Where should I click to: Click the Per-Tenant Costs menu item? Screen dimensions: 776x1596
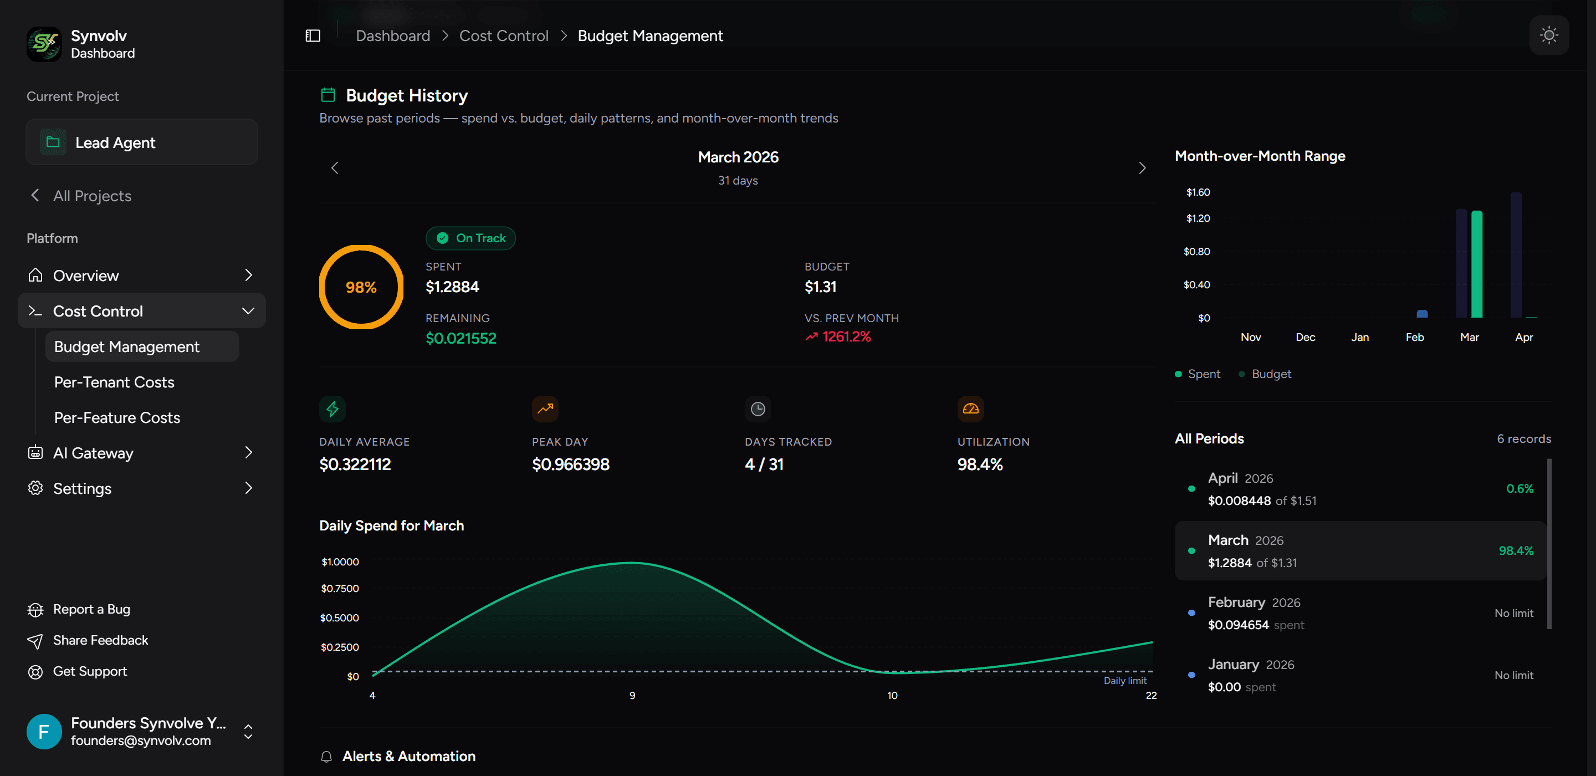pos(114,382)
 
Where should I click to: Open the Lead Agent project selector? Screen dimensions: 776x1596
pos(142,142)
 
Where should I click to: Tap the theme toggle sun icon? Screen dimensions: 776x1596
pos(1548,35)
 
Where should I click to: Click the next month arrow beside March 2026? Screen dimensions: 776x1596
pos(1142,168)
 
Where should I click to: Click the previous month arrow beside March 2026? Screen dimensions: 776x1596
pos(335,168)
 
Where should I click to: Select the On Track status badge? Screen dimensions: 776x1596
pos(470,238)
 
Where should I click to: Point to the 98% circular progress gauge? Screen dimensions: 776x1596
pos(361,287)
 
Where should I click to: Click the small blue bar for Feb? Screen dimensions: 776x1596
pos(1422,314)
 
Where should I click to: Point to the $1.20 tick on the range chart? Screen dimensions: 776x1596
pos(1198,218)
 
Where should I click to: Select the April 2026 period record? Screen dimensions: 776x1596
pos(1360,489)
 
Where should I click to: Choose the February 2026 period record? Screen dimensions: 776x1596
pos(1360,613)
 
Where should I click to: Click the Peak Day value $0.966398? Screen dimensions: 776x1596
pos(570,464)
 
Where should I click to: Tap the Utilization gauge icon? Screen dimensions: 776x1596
pos(970,409)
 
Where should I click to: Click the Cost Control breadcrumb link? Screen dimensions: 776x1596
pos(503,36)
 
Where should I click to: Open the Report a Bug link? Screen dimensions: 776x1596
pos(91,609)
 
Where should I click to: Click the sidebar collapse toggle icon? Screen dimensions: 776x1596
pos(313,36)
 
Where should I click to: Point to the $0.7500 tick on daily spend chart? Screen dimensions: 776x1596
pos(340,588)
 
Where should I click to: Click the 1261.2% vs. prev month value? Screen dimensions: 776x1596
pos(846,336)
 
